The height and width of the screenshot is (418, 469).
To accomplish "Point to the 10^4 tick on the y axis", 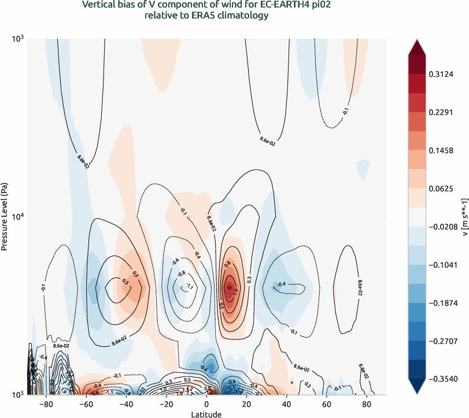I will coord(19,217).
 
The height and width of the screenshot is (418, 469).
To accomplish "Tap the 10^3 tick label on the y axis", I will coord(19,39).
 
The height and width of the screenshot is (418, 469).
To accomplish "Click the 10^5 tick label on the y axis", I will coord(19,395).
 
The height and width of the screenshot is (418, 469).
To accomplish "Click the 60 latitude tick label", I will coord(326,404).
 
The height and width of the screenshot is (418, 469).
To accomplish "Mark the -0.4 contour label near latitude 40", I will coord(282,284).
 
